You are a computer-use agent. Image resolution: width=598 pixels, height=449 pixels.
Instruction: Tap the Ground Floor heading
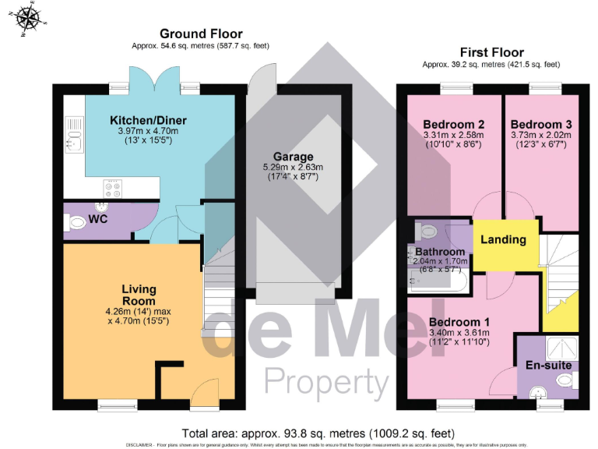tap(201, 34)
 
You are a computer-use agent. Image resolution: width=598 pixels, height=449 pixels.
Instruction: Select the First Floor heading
tap(491, 51)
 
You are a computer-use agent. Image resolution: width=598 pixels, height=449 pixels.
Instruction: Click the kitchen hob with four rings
tap(112, 188)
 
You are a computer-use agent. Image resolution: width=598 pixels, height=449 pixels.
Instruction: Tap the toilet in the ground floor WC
tap(76, 223)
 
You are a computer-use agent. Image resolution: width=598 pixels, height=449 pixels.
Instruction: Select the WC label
tap(98, 220)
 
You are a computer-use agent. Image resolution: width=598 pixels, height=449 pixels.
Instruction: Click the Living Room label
tap(139, 295)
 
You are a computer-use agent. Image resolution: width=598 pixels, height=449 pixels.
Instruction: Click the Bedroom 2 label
tap(454, 124)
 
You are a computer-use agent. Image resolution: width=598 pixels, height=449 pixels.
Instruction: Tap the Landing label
tap(502, 239)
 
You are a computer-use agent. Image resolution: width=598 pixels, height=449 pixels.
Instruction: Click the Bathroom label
tap(440, 252)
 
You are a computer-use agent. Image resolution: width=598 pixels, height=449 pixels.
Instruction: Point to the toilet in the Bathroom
tap(425, 232)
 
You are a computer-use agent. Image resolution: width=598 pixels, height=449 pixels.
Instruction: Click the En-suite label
tap(548, 365)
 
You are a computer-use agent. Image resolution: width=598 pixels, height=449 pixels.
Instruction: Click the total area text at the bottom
tap(318, 433)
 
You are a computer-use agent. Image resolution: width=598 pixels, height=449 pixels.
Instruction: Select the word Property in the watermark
tap(326, 382)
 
